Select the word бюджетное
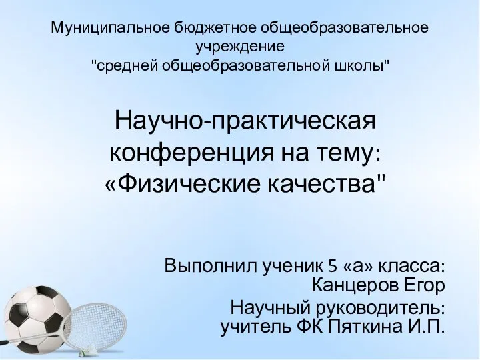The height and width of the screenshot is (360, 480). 215,28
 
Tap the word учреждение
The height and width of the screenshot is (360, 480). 240,47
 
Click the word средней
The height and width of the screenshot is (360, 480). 127,65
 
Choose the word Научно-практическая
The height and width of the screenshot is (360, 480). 245,121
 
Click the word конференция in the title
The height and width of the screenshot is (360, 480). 191,153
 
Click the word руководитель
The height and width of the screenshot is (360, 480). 378,307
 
